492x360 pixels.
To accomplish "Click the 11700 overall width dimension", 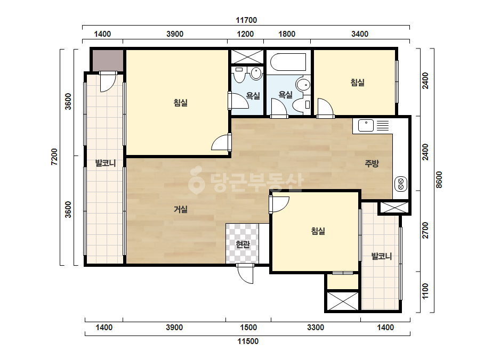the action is (x=246, y=20).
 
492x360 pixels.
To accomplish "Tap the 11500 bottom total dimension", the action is (x=248, y=341).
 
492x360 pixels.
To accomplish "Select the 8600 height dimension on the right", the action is (x=439, y=179).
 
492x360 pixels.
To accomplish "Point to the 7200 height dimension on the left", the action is (x=54, y=157).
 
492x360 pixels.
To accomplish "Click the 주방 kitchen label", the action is (x=372, y=163).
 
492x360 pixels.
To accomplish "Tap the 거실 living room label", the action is (x=181, y=209).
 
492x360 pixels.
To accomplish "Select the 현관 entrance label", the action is (x=243, y=244).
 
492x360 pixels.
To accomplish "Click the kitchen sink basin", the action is (x=366, y=126).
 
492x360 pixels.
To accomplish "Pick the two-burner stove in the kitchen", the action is (x=401, y=184).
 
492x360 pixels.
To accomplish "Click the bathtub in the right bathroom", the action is (x=288, y=62).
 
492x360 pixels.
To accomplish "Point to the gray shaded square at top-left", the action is (x=107, y=60).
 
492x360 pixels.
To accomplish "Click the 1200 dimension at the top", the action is (x=245, y=34).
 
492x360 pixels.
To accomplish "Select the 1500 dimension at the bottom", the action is (x=248, y=328).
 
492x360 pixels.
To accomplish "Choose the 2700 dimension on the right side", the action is (x=425, y=230).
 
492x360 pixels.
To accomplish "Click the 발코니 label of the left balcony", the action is (x=106, y=163).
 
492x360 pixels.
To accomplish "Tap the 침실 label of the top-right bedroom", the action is (x=357, y=83).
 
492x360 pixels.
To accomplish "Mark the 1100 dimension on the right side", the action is (x=425, y=291).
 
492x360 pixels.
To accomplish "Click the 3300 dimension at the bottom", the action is (x=316, y=328).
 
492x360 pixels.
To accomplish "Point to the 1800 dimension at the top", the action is (x=287, y=34).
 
